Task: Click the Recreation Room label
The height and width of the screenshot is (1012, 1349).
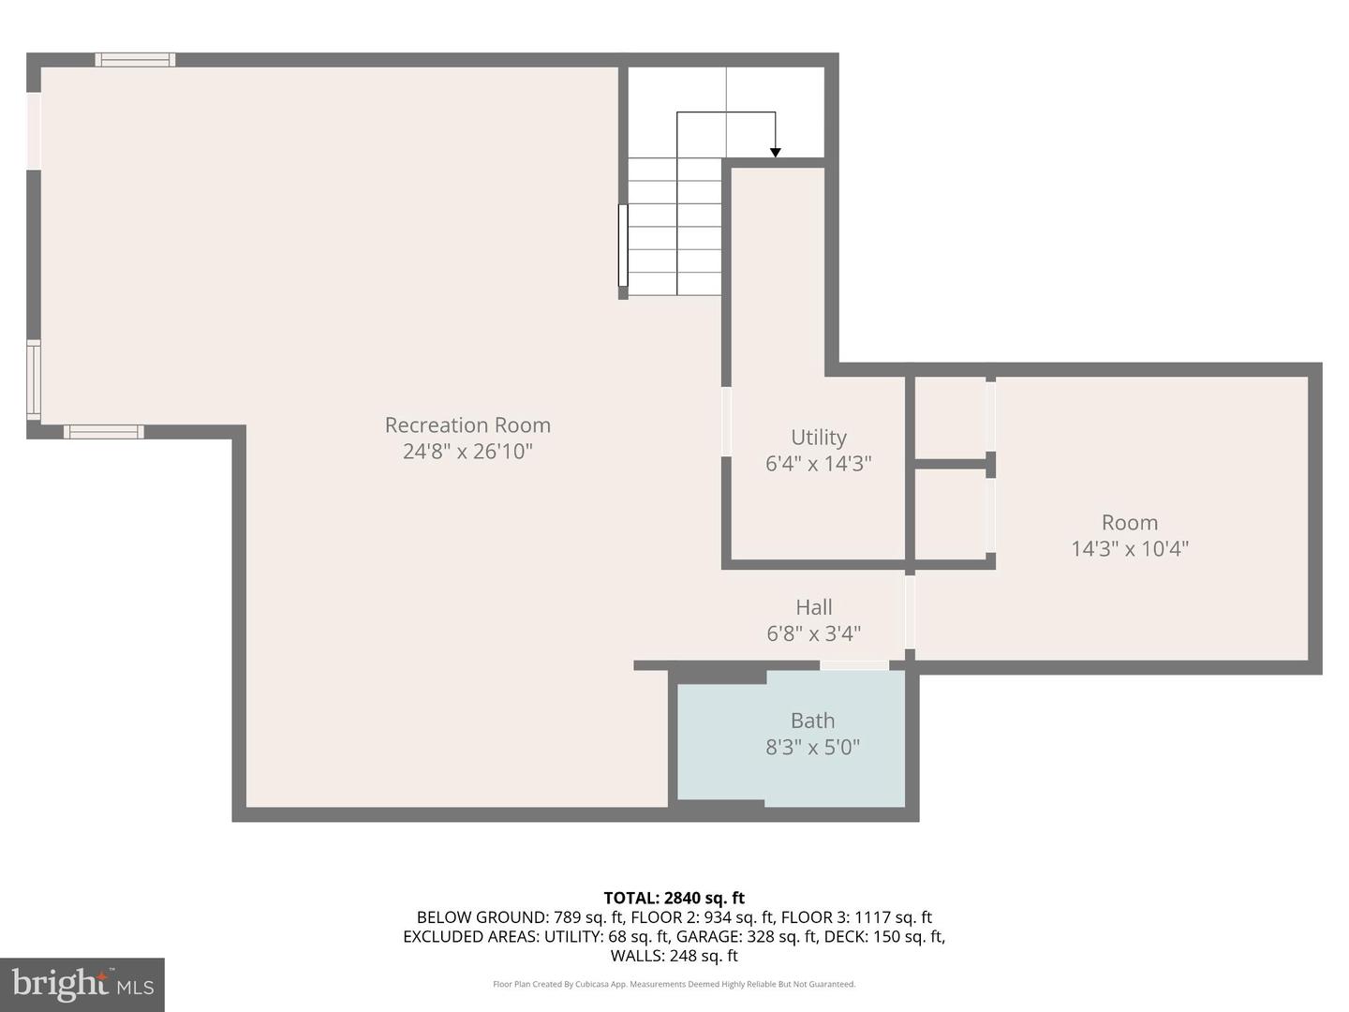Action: point(467,425)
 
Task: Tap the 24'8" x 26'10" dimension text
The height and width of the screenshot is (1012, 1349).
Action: point(467,452)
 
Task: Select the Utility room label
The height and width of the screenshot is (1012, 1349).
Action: point(819,438)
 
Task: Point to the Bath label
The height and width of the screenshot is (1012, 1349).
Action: point(812,721)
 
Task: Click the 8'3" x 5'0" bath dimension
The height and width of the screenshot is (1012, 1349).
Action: point(812,747)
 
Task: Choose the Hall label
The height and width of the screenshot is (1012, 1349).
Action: point(814,607)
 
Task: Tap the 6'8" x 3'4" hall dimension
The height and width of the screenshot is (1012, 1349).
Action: point(814,633)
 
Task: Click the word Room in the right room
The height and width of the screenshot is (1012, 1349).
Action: point(1130,522)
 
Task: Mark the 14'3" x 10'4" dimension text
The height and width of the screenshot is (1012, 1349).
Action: point(1130,549)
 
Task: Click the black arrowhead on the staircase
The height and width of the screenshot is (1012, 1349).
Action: point(776,153)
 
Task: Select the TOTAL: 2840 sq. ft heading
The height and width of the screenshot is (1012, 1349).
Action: point(674,899)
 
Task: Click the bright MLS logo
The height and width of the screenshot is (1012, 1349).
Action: point(82,984)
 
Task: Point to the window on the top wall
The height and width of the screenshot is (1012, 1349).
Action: point(135,60)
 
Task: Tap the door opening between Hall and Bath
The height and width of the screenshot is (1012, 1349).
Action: point(854,665)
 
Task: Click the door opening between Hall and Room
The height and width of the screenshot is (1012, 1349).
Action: point(911,612)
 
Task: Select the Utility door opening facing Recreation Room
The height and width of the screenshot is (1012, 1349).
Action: point(726,422)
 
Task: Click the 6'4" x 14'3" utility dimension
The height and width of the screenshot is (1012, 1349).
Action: point(819,464)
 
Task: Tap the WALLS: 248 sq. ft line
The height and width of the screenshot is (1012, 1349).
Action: point(674,956)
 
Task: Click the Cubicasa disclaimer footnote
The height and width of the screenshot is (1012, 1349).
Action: point(674,984)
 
